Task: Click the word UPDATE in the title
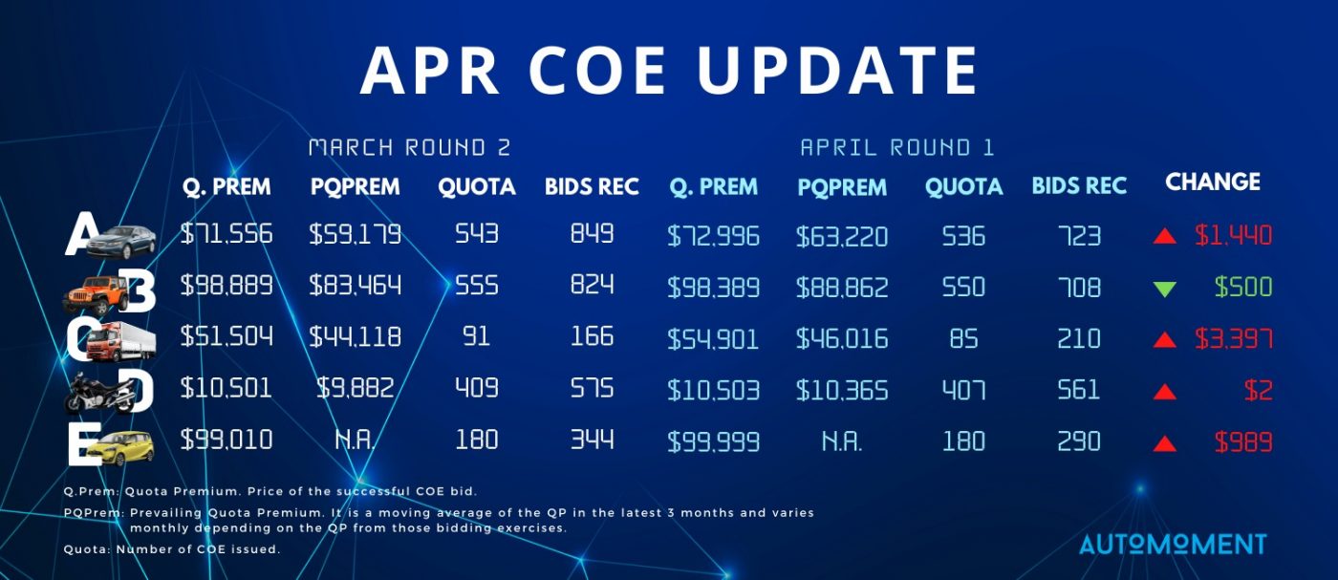(837, 71)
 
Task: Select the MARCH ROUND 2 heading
(410, 147)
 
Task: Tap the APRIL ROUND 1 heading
(897, 147)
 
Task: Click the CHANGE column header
(1213, 182)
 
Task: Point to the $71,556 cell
(227, 233)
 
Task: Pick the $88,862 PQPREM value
(842, 288)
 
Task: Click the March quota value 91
(476, 337)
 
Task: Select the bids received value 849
(592, 233)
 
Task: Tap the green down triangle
(1165, 290)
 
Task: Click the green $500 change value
(1243, 288)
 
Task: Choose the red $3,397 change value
(1234, 339)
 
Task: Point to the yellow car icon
(121, 448)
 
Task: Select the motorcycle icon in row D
(99, 394)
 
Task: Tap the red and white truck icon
(120, 342)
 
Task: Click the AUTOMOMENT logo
(1174, 544)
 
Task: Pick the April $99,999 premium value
(713, 442)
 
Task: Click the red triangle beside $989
(1165, 443)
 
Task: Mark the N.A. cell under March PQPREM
(355, 440)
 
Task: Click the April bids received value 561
(1078, 390)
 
